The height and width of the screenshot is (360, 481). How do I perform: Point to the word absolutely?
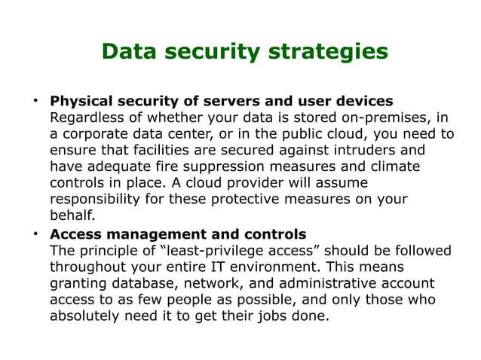point(86,316)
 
